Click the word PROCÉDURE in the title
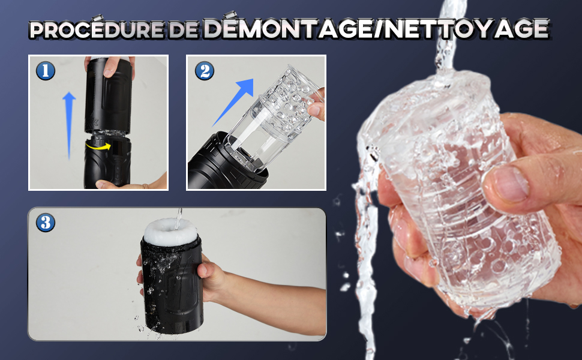(x=97, y=29)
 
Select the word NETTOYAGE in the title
(x=467, y=28)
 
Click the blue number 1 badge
(x=46, y=71)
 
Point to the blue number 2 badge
(x=205, y=71)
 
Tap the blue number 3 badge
(x=46, y=223)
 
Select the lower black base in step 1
(x=107, y=161)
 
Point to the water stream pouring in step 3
(x=179, y=218)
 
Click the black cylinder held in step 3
(x=172, y=286)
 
